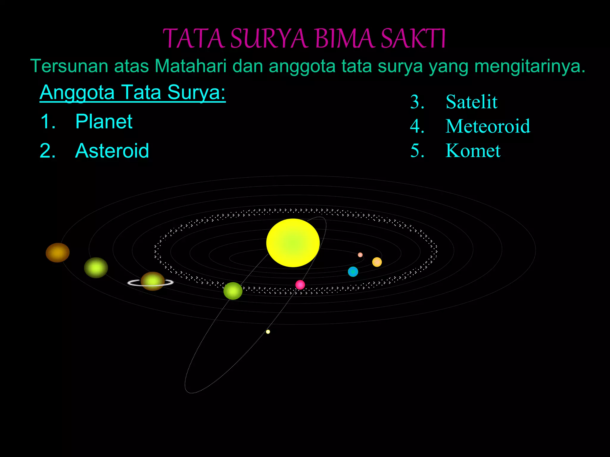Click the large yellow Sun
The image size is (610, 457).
(x=293, y=242)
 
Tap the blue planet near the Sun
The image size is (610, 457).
(x=353, y=272)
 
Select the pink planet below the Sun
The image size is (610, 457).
(x=300, y=285)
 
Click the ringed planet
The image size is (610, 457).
(x=152, y=281)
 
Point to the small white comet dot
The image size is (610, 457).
(x=268, y=332)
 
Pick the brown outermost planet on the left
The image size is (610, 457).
(x=57, y=253)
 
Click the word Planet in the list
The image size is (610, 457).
(x=104, y=121)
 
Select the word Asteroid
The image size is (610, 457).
(x=112, y=151)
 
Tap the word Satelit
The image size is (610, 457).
(x=471, y=102)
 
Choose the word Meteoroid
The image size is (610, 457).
(x=488, y=126)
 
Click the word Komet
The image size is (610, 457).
(x=473, y=151)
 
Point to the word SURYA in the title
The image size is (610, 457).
(x=269, y=39)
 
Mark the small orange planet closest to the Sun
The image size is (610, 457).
(x=360, y=255)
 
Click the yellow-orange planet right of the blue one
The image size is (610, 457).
(x=377, y=262)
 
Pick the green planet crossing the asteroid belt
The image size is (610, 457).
(x=233, y=291)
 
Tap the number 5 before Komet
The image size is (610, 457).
(x=417, y=151)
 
